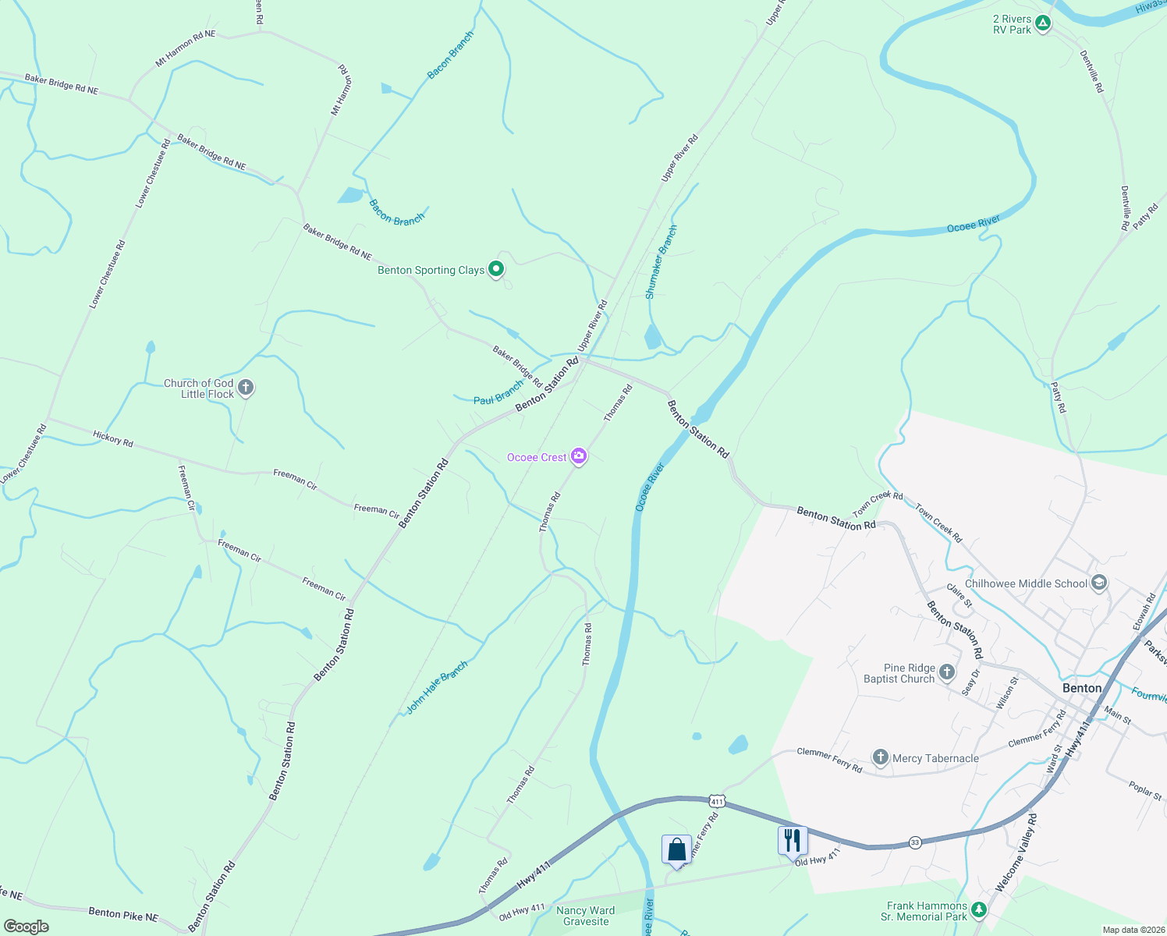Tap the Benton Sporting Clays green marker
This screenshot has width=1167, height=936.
click(x=496, y=270)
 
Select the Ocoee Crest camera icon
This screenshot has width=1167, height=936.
click(x=578, y=457)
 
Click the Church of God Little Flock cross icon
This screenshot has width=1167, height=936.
click(x=245, y=388)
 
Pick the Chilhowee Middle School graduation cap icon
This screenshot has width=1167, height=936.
click(x=1099, y=583)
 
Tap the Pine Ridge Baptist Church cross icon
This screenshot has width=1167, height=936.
click(x=947, y=672)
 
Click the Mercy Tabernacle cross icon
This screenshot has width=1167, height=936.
click(x=880, y=757)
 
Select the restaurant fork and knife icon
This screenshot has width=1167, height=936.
click(x=792, y=840)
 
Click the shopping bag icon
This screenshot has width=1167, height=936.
click(x=676, y=849)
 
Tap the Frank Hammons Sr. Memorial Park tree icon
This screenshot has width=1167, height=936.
click(x=978, y=910)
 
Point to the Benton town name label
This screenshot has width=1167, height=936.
click(x=1082, y=688)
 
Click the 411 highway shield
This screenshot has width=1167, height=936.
click(x=718, y=801)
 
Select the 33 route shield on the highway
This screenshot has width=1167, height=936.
click(x=915, y=842)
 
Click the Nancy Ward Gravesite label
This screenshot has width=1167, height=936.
click(x=586, y=916)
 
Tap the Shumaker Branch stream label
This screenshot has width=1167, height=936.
click(x=661, y=262)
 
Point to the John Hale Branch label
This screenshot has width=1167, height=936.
click(x=437, y=688)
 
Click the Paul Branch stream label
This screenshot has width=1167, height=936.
click(x=498, y=393)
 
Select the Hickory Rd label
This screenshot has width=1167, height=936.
click(x=113, y=439)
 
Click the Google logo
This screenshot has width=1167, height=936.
click(x=26, y=926)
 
